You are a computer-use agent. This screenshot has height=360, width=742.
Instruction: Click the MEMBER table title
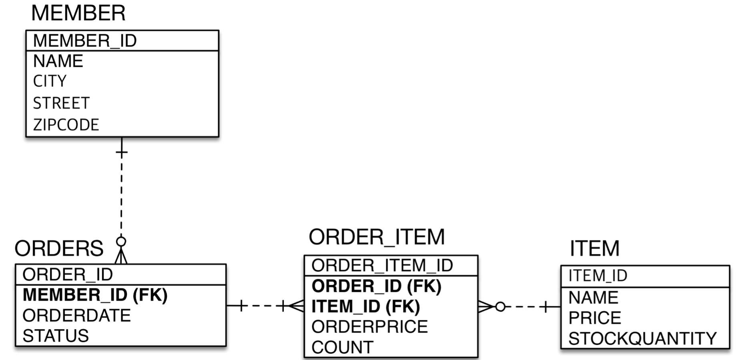pos(78,13)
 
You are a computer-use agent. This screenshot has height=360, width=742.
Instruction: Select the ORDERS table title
pos(59,248)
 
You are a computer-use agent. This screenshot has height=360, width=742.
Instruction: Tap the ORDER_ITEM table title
pos(377,237)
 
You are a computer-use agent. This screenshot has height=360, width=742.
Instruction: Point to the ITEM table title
pos(594,248)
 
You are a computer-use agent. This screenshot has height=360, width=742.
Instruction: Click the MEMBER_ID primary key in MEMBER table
pos(85,41)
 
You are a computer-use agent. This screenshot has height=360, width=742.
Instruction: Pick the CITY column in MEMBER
pos(50,81)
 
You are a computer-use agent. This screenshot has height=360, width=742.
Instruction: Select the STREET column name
pos(61,103)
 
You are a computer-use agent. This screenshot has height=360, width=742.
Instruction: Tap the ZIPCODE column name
pos(66,125)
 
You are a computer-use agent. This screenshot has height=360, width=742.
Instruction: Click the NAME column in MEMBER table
pos(58,61)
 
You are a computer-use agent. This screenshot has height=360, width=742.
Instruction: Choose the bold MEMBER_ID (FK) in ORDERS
pos(95,295)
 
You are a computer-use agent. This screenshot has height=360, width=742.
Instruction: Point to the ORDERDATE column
pos(76,316)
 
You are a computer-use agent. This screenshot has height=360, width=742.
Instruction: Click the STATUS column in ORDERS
pos(56,336)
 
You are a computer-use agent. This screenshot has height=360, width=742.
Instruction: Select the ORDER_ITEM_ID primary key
pos(382,266)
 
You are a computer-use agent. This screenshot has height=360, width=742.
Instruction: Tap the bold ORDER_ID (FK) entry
pos(376,286)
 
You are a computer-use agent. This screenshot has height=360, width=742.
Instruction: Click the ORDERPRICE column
pos(369,327)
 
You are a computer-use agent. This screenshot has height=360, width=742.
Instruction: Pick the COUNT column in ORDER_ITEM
pos(342,347)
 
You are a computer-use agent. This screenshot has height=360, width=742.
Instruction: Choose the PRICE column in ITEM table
pos(595,318)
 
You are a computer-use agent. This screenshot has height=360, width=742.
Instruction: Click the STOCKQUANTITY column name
pos(642,339)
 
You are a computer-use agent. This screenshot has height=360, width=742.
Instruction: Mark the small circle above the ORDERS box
pos(121,242)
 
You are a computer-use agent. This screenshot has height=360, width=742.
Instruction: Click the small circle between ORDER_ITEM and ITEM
pos(500,307)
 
